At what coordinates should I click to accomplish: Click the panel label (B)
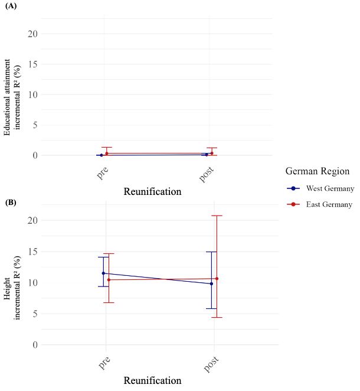(x=12, y=203)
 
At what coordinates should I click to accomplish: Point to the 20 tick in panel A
(x=34, y=34)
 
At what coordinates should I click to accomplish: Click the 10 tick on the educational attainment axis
(x=34, y=95)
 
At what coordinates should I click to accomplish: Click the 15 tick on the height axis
(x=34, y=252)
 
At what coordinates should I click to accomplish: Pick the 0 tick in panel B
(x=36, y=344)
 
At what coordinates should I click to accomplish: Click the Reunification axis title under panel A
(x=153, y=191)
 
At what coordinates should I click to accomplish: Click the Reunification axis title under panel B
(x=153, y=380)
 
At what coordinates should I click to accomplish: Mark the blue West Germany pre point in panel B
(x=103, y=273)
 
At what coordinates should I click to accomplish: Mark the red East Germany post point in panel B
(x=217, y=279)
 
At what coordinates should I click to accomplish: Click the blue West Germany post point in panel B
(x=211, y=284)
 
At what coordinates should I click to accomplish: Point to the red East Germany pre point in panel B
(x=109, y=280)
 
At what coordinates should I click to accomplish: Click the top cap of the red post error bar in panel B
(x=217, y=216)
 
